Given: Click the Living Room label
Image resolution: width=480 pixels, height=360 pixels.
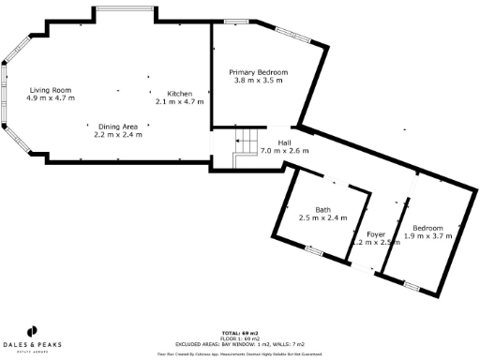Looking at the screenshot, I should click(51, 88).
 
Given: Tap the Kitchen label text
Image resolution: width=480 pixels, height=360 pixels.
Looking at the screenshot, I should click(179, 94).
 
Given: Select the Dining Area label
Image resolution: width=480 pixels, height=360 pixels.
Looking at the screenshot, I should click(118, 126).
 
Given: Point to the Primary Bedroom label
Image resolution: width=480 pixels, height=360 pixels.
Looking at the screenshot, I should click(259, 72).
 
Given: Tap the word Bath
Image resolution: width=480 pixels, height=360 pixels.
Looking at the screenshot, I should click(322, 209).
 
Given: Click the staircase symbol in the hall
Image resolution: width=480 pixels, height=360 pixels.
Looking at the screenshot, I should click(244, 145).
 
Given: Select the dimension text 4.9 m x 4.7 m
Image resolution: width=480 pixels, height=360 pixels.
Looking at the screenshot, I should click(51, 97).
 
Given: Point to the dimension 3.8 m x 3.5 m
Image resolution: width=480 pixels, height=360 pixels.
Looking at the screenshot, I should click(259, 82).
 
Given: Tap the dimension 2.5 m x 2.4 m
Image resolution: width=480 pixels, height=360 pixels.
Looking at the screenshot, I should click(322, 218).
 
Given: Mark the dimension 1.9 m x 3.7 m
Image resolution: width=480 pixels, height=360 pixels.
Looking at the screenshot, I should click(428, 237).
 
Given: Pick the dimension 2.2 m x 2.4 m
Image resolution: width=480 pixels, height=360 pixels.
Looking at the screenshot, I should click(118, 135).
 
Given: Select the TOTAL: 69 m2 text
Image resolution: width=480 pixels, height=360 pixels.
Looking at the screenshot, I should click(239, 333).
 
